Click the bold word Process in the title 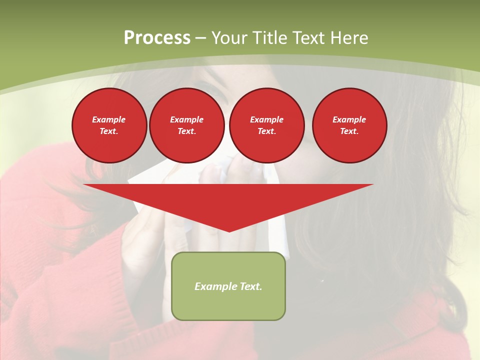[157, 37]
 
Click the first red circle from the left [109, 125]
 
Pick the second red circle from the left [186, 125]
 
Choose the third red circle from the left [266, 125]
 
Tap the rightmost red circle [349, 125]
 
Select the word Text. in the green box [250, 286]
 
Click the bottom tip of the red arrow [229, 231]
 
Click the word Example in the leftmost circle [109, 119]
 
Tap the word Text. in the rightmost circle [349, 131]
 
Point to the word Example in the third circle [266, 119]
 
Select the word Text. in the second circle [186, 131]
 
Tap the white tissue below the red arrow [278, 240]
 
